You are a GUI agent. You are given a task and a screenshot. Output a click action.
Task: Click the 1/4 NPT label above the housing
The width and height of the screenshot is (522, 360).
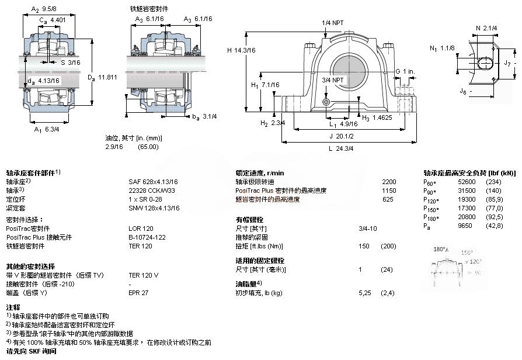tap(333, 23)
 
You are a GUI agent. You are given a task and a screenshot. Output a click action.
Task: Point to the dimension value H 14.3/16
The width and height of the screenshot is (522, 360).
tap(241, 50)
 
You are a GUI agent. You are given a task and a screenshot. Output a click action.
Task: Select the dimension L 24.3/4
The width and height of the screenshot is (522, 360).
tap(342, 148)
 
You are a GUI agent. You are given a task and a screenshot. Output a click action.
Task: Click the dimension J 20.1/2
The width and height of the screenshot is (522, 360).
tap(342, 136)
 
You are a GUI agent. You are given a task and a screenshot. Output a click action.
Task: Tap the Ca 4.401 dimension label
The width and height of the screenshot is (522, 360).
tap(51, 20)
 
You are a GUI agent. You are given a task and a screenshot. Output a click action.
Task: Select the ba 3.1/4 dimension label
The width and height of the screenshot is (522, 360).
tap(205, 116)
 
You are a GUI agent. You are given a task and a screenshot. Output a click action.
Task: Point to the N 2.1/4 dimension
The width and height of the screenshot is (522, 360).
tap(486, 27)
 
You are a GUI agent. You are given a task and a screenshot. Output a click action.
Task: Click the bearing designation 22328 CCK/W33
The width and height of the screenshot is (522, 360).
tap(154, 190)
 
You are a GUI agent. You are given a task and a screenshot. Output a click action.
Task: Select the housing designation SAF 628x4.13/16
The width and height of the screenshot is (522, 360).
tap(154, 181)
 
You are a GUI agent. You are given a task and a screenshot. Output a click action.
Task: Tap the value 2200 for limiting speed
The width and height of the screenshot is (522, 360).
tap(388, 181)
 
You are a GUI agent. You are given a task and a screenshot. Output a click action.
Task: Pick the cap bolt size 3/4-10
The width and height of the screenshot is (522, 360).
tap(367, 228)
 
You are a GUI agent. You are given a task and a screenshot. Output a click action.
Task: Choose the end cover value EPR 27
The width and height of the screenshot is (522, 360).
tap(138, 292)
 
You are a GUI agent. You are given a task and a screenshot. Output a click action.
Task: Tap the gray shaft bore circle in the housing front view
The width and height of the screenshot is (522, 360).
tap(349, 71)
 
